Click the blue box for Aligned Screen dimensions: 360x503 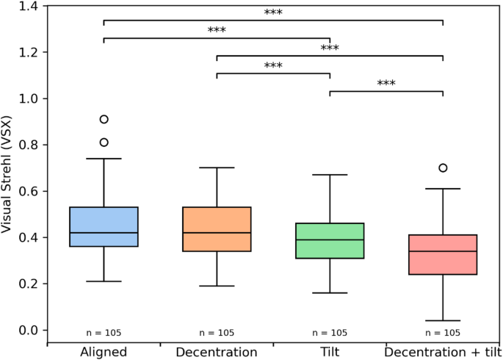click(104, 226)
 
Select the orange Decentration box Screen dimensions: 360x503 click(217, 229)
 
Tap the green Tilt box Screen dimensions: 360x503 click(330, 241)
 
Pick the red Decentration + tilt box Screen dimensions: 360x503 click(443, 254)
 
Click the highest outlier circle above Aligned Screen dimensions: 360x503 click(104, 119)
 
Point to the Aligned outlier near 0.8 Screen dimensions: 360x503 click(104, 143)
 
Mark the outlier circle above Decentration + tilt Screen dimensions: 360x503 click(443, 168)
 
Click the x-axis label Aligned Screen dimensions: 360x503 click(104, 352)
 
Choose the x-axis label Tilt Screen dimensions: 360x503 click(330, 352)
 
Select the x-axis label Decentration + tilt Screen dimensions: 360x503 click(443, 352)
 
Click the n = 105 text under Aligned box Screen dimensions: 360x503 click(104, 333)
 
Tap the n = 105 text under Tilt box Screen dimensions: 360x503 click(330, 333)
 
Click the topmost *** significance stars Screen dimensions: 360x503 click(273, 13)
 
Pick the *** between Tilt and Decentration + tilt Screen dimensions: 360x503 click(386, 84)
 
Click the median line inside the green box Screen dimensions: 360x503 click(330, 240)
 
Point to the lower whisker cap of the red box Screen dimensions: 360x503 click(443, 320)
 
